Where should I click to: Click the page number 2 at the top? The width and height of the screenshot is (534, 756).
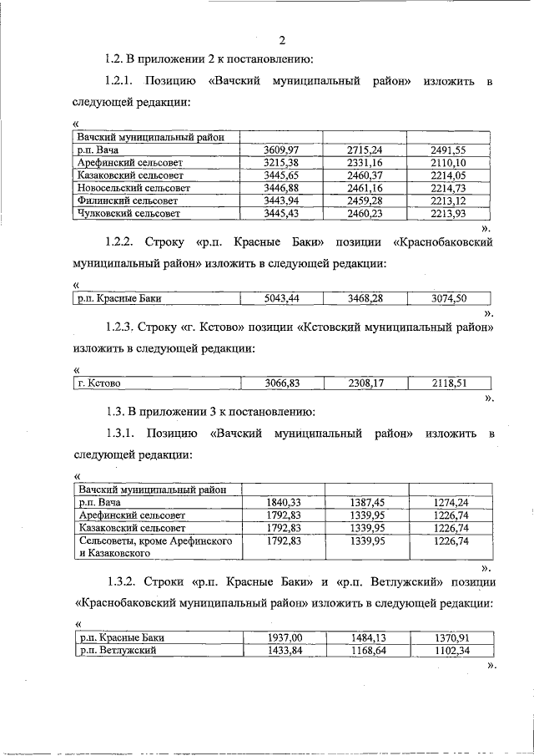click(x=282, y=40)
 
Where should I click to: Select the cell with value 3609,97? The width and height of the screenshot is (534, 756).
click(x=281, y=150)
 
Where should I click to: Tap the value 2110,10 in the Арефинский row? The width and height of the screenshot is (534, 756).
click(x=448, y=163)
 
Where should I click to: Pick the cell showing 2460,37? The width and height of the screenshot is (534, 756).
click(x=365, y=175)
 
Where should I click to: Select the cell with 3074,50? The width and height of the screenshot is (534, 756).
click(x=448, y=298)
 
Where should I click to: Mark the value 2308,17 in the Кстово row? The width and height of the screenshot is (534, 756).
click(x=365, y=383)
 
